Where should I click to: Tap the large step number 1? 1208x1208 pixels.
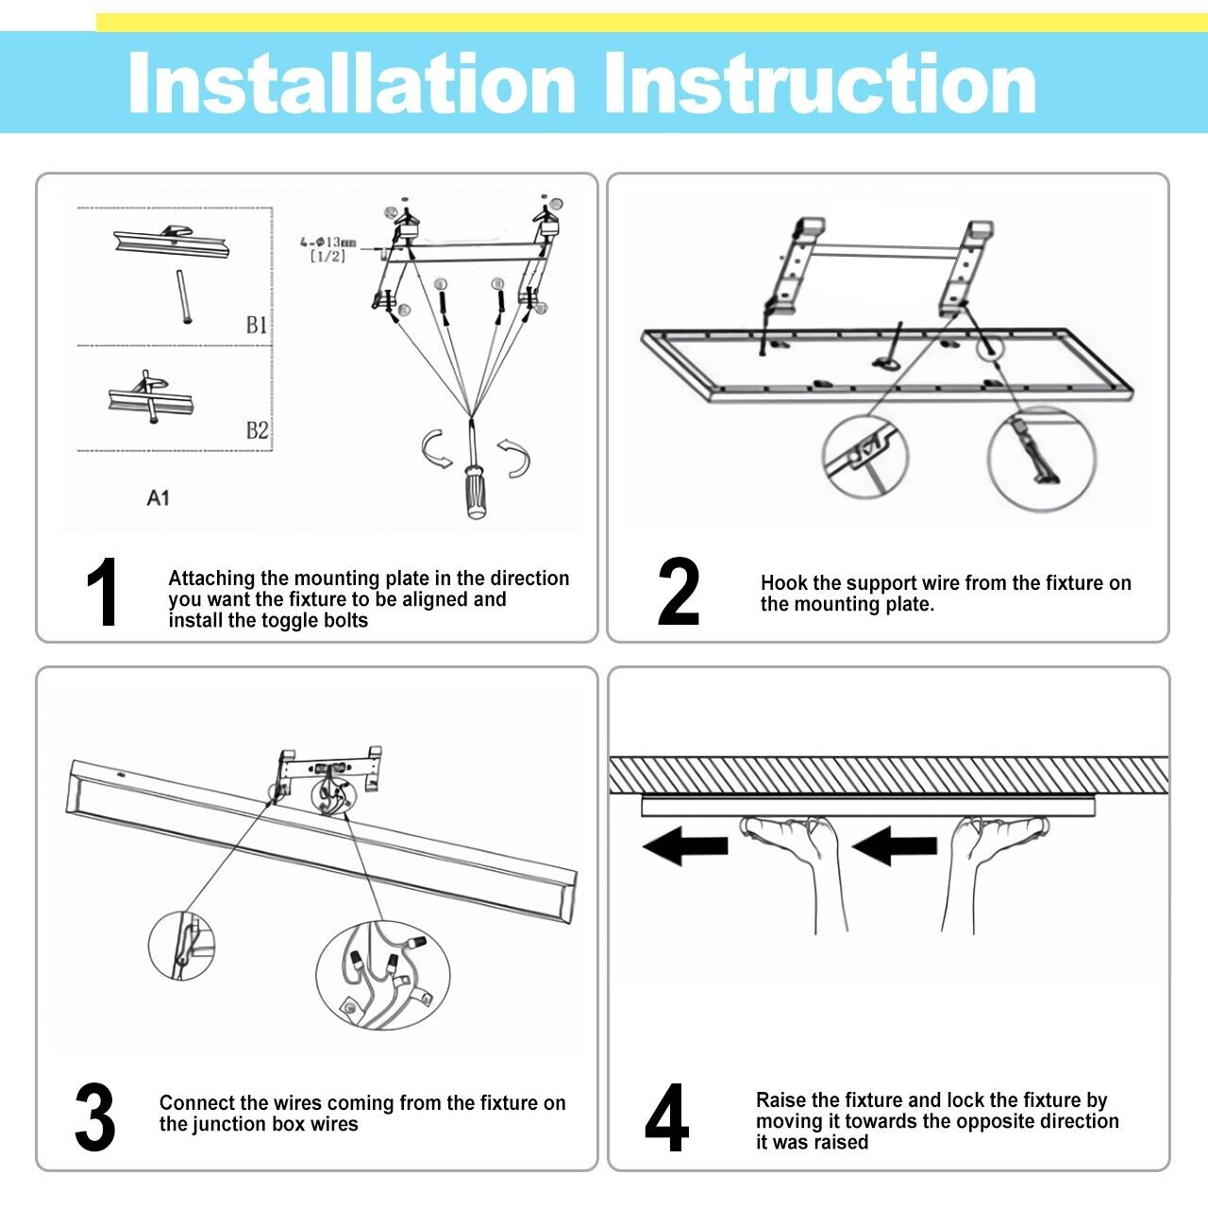(x=102, y=593)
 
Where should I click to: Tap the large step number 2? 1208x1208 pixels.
(x=679, y=593)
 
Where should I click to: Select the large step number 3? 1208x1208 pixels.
(x=95, y=1118)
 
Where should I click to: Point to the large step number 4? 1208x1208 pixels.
(x=666, y=1118)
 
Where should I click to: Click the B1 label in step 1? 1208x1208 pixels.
(x=257, y=326)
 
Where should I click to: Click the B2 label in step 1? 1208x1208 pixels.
(x=257, y=431)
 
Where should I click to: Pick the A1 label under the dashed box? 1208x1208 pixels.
(x=158, y=497)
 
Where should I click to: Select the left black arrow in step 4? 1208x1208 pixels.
(x=685, y=845)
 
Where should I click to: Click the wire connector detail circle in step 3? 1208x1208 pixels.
(x=382, y=975)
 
